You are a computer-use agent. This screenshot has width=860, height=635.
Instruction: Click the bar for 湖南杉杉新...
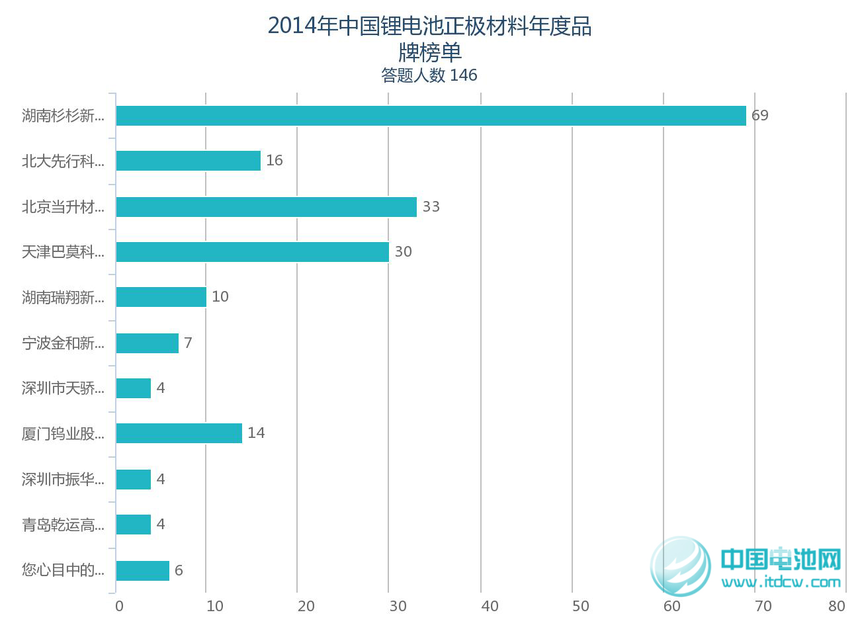pos(431,116)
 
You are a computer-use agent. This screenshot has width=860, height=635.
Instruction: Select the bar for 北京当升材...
pos(266,207)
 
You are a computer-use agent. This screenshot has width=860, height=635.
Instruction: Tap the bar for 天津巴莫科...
pos(252,252)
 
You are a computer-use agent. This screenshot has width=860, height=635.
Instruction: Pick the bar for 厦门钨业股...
pos(179,433)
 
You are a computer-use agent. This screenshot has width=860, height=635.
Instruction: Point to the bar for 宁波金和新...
pos(147,343)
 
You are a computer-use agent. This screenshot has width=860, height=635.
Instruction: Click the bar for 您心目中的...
pos(142,570)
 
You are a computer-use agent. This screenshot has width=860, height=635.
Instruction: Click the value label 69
pos(759,116)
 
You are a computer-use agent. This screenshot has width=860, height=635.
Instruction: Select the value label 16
pos(274,161)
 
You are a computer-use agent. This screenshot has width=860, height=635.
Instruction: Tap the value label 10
pos(220,297)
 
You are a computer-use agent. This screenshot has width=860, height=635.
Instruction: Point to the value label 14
pos(255,433)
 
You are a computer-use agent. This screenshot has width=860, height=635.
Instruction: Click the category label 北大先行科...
pos(63,161)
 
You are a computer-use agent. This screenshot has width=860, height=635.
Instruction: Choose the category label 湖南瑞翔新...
pos(63,298)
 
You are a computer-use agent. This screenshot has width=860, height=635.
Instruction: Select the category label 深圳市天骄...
pos(63,388)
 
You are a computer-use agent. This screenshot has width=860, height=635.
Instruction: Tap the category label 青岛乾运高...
pos(63,525)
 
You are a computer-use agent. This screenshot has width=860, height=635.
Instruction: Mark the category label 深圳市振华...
pos(63,480)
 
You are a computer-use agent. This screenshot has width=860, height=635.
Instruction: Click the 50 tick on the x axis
pos(580,607)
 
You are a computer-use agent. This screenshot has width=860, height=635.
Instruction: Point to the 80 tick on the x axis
pos(836,607)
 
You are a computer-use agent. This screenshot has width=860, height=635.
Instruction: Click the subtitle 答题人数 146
pos(429,75)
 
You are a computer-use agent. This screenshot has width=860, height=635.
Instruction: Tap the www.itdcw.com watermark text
pos(781,583)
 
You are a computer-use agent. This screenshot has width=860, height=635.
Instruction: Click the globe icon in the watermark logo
pos(680,566)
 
